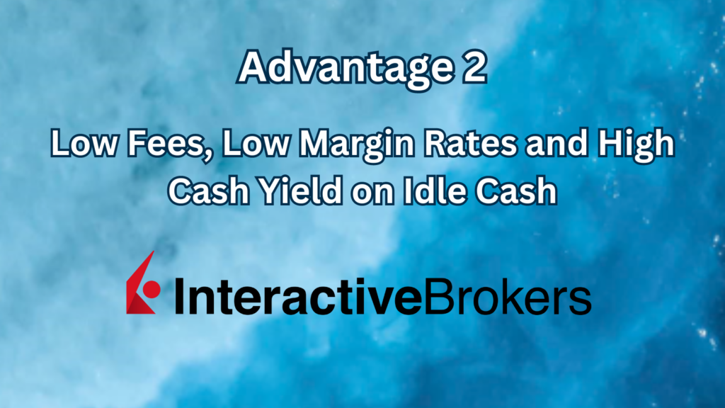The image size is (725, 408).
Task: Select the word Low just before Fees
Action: click(79, 147)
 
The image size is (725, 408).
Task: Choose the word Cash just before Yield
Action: click(210, 191)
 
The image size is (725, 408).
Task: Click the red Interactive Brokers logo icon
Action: click(142, 283)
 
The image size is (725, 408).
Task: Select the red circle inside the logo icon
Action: click(151, 289)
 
